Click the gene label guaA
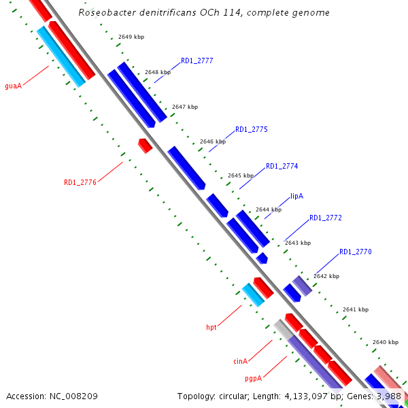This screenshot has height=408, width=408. pos(14,86)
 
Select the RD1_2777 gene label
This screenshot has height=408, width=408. pos(197,61)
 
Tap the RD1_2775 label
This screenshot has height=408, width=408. pos(251,129)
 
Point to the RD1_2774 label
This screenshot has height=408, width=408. pos(282,166)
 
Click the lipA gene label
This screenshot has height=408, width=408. pos(296,196)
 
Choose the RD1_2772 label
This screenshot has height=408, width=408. pos(325,218)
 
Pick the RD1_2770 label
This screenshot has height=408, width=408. pos(355,252)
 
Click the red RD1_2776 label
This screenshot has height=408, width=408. pos(80,182)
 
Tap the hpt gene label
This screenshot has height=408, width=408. pos(211,328)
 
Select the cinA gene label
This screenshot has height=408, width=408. pos(240,361)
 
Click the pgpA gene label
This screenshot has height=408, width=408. pos(253,377)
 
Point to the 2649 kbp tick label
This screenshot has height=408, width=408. pos(131,37)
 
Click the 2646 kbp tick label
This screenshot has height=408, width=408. pos(212,142)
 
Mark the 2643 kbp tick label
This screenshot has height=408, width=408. pos(297,243)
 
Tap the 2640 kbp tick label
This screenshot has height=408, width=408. pos(385,342)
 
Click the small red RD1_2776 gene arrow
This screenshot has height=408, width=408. pos(145,145)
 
